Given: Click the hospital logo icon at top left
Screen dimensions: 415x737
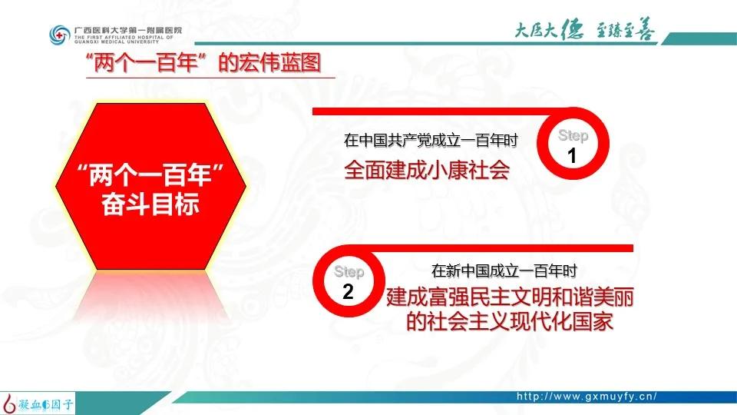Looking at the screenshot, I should [58, 34].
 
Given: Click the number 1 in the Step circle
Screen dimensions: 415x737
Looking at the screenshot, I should [572, 157].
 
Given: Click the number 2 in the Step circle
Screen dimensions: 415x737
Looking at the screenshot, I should [348, 291].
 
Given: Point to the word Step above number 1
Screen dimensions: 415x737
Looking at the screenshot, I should [573, 136].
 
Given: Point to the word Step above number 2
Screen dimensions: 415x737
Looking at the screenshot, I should [349, 272].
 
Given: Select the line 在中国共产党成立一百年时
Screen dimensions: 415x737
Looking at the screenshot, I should [431, 141].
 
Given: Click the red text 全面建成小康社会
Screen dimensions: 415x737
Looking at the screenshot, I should [427, 169].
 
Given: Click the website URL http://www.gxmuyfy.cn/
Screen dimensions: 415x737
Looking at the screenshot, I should [587, 397].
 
